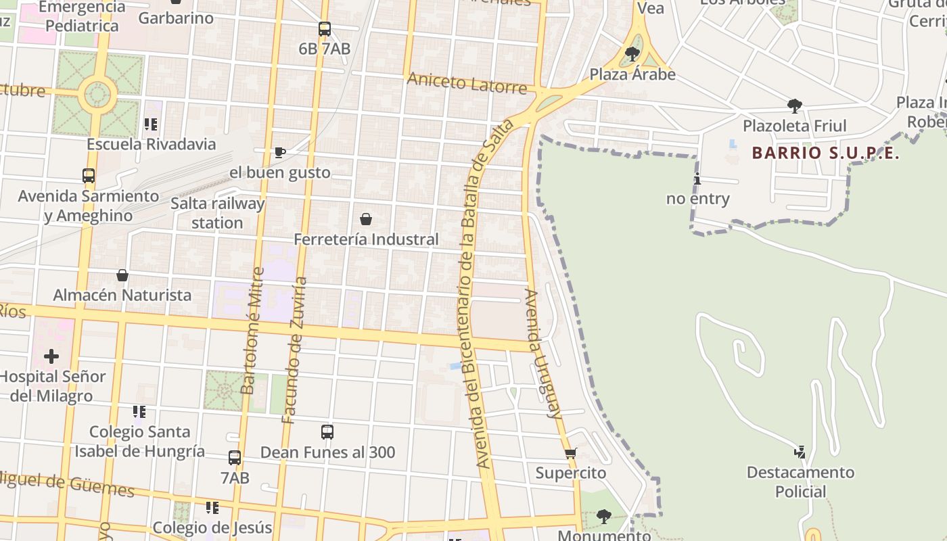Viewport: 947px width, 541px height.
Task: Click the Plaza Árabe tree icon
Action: pos(632,53)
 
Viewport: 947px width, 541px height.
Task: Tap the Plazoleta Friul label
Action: pos(795,126)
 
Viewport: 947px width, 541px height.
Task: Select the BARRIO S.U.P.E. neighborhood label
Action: pos(825,153)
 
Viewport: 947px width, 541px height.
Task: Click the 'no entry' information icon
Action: pos(697,179)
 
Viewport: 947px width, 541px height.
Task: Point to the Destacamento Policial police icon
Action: pos(800,452)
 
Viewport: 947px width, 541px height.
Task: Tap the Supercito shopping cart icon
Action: pos(570,453)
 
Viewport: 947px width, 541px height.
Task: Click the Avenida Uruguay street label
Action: pos(543,354)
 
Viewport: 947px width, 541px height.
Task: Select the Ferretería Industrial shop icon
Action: pos(366,219)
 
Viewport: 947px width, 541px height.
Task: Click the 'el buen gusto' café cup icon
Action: pos(279,152)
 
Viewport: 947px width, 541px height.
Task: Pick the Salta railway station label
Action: pos(217,213)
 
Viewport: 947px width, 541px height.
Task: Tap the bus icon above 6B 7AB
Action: pos(325,29)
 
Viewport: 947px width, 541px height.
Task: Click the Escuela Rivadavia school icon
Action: pos(151,124)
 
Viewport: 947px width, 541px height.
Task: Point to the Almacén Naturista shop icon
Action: pos(122,275)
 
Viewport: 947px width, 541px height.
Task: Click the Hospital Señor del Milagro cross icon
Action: pos(51,356)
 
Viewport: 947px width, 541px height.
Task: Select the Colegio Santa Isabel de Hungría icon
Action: pos(139,411)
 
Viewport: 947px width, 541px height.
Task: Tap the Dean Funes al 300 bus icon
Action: pos(327,431)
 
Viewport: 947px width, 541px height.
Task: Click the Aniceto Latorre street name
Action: pos(467,83)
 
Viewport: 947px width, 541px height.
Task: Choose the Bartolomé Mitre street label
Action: pos(252,331)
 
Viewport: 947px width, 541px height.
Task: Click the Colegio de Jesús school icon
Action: pos(212,507)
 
